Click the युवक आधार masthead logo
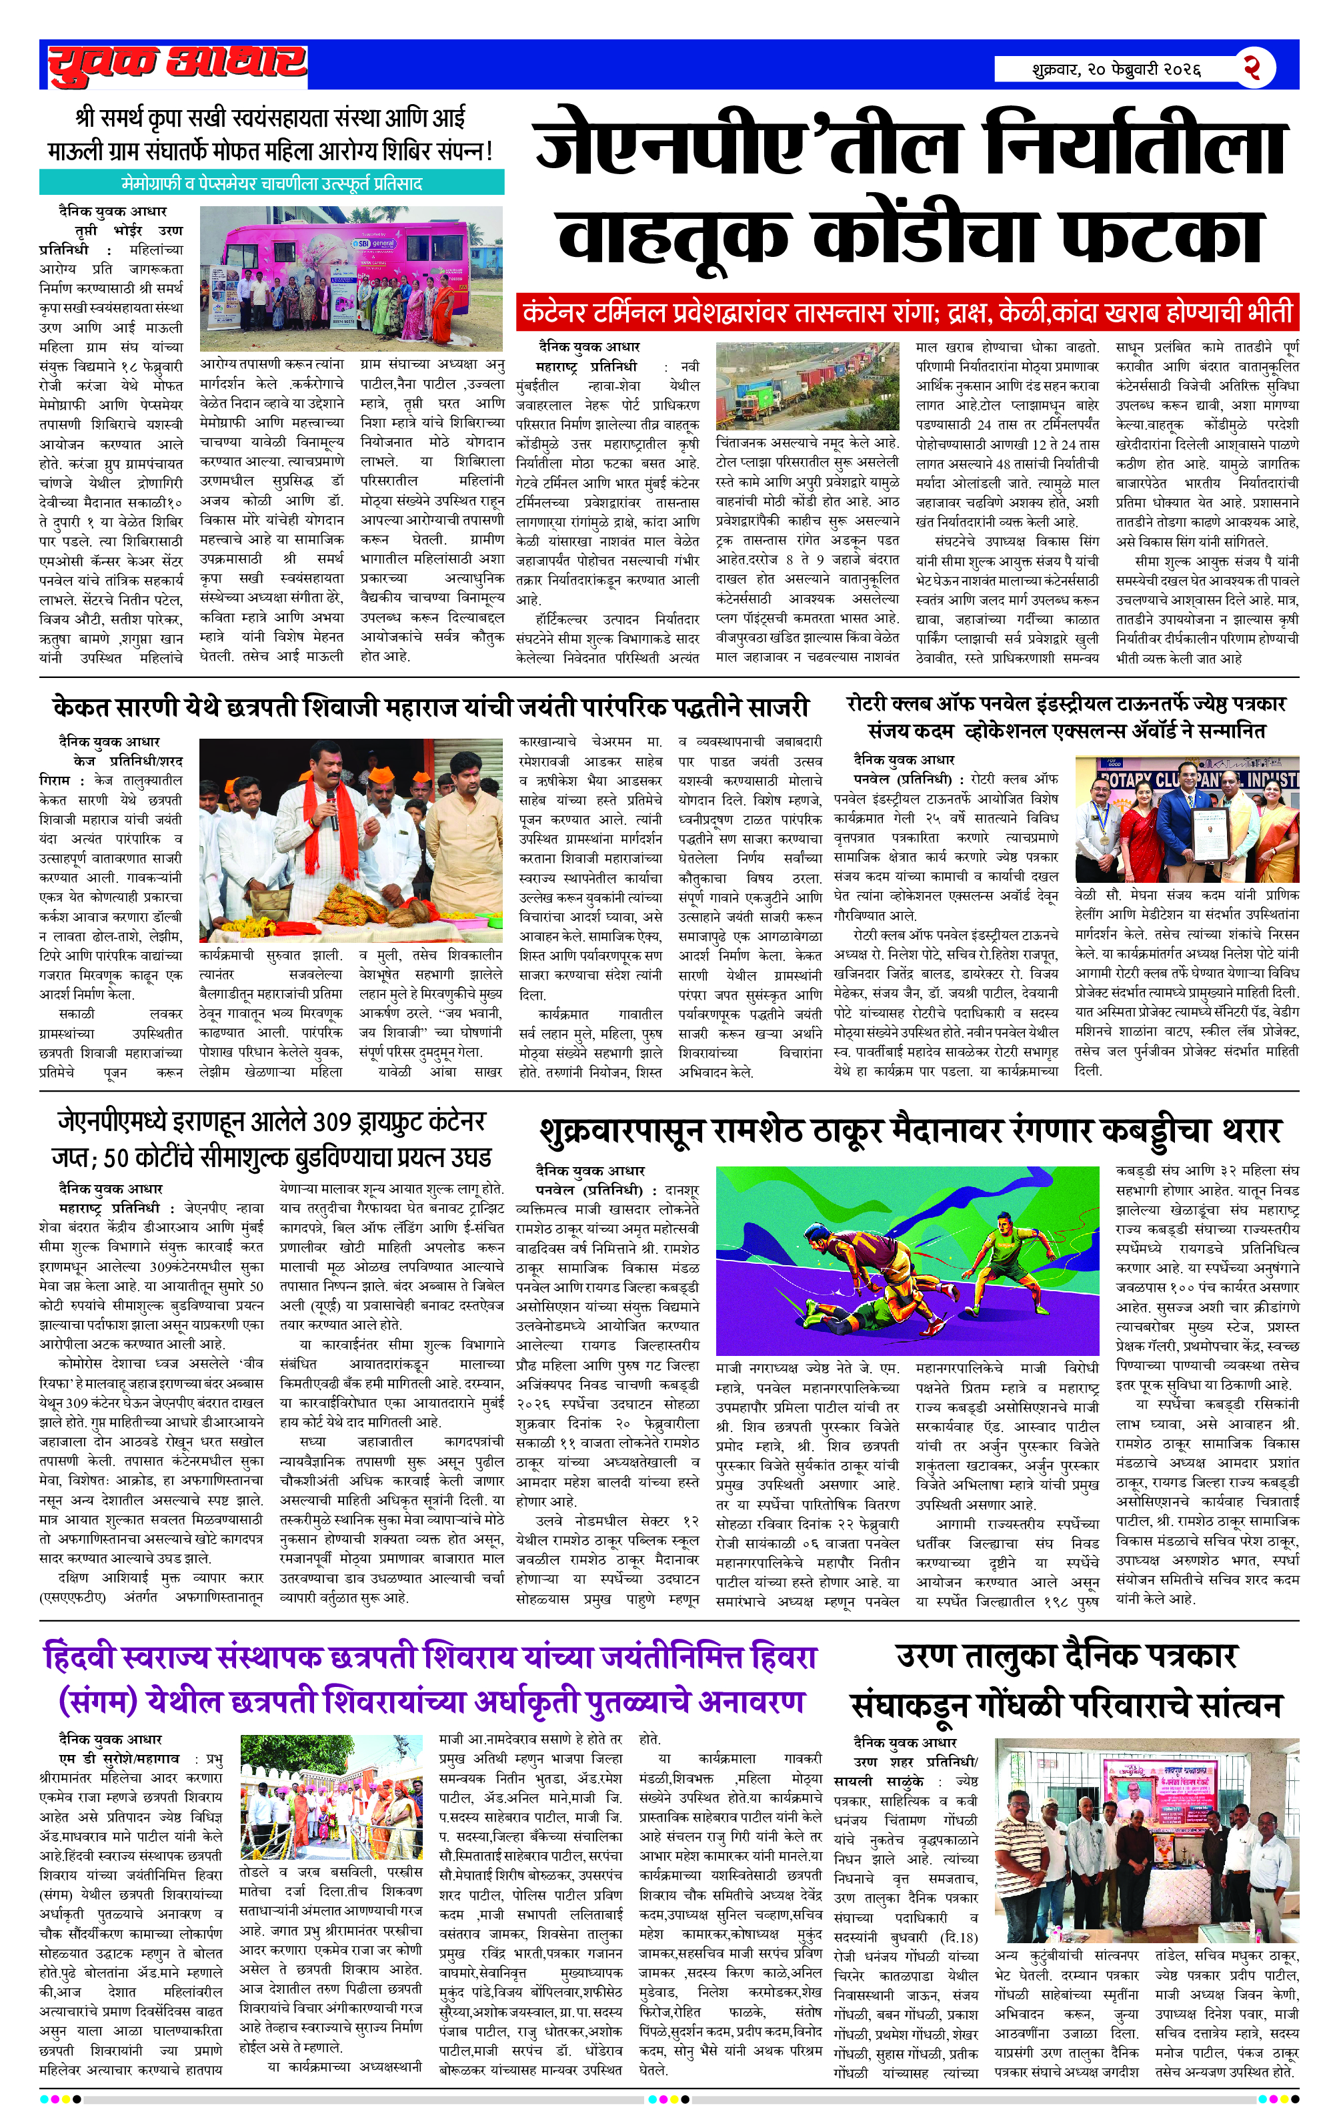pos(177,65)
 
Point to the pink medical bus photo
pos(351,278)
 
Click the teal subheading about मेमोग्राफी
pos(271,184)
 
